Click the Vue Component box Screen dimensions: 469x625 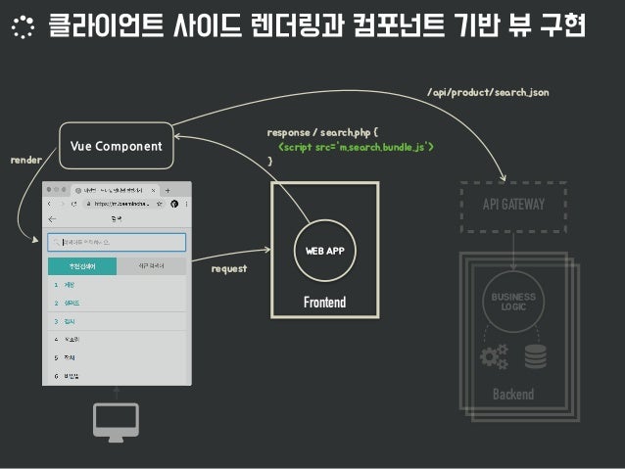coord(117,147)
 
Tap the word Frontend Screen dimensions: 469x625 coord(324,303)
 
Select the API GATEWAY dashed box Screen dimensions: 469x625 coord(513,205)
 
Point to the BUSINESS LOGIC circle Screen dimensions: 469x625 coord(513,302)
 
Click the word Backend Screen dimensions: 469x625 coord(512,394)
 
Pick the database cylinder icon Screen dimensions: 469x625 coord(535,356)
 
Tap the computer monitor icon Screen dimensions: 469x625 coord(117,421)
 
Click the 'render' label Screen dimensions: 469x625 coord(25,158)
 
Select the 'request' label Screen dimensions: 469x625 coord(229,267)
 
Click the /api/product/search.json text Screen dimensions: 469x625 coord(487,92)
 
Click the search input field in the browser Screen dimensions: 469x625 coord(117,242)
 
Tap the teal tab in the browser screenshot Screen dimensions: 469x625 coord(82,266)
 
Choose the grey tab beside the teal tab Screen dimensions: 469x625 coord(151,266)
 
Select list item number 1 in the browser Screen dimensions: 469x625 coord(73,285)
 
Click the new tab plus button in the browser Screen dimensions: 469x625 coord(167,190)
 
